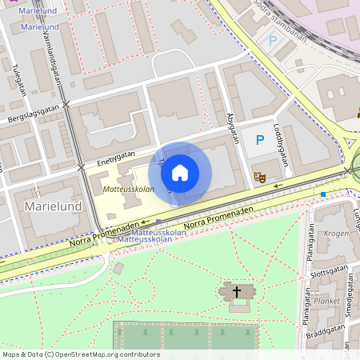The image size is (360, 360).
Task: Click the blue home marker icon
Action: tap(180, 172)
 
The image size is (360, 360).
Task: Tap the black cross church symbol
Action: tap(236, 292)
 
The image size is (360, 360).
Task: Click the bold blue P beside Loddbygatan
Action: tap(259, 140)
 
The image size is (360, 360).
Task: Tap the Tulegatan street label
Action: tap(18, 80)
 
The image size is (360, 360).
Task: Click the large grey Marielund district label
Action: tap(54, 206)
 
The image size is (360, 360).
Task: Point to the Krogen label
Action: tap(336, 233)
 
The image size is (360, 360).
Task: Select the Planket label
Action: tap(327, 302)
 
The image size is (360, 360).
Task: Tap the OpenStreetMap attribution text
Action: tap(80, 354)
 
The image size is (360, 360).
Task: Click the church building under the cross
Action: tap(237, 297)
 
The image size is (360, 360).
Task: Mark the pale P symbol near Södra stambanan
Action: tap(273, 40)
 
